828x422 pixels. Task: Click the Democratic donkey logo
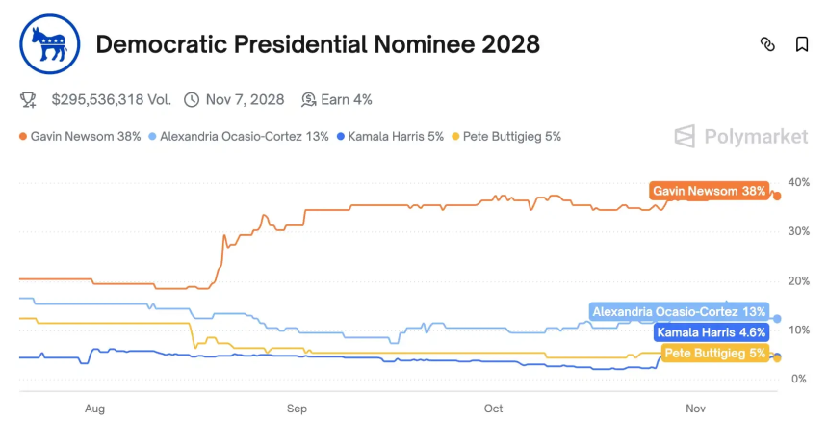47,45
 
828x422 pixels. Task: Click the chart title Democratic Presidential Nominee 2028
318,44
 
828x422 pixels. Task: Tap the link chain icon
767,44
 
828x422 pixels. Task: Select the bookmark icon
801,44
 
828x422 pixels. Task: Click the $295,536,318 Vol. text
112,99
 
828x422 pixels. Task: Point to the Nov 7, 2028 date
245,99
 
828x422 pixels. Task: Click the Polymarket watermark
740,137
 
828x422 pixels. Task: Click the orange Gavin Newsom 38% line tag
709,192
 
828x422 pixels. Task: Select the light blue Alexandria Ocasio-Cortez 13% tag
679,312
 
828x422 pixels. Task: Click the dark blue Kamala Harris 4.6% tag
712,332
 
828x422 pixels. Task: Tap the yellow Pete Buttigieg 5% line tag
715,354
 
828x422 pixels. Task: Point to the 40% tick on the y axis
797,182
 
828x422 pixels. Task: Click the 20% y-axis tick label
797,280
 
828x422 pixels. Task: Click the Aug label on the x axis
94,409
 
